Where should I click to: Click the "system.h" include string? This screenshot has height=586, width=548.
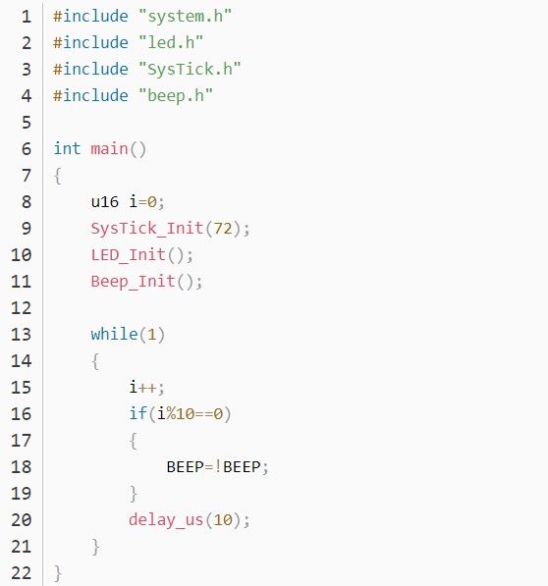[185, 17]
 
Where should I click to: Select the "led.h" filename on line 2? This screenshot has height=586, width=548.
[171, 42]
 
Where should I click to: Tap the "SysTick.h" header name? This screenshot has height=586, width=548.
[190, 69]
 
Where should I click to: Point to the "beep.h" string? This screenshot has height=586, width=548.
[176, 95]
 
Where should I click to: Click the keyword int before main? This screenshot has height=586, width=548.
[68, 148]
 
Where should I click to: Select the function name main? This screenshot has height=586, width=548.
[109, 149]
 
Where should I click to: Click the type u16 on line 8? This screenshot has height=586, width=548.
[105, 202]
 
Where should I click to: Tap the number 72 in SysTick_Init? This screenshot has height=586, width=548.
[222, 229]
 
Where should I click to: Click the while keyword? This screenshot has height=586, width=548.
[114, 334]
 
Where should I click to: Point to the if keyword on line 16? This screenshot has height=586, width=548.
[137, 413]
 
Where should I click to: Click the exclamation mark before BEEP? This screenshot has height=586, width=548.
[218, 467]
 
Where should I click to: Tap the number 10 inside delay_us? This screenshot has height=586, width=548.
[222, 520]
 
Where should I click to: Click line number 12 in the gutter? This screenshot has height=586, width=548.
[21, 308]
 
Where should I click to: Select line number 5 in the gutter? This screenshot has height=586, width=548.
[27, 123]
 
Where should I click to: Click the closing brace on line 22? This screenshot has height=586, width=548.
[58, 573]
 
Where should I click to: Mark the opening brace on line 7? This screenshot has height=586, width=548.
[58, 176]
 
